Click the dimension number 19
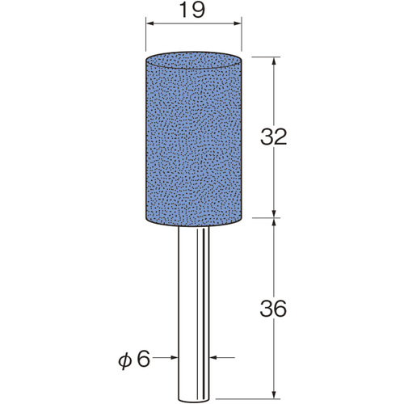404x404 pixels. tap(191, 11)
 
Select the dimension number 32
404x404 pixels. tap(273, 137)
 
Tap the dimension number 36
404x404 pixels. tap(273, 309)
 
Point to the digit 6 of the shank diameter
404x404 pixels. tap(143, 359)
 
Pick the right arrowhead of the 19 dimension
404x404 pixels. tap(238, 23)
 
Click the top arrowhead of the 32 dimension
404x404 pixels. tap(274, 61)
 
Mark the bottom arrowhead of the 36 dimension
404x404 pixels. tap(274, 394)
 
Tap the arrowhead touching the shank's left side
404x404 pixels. tap(174, 358)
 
